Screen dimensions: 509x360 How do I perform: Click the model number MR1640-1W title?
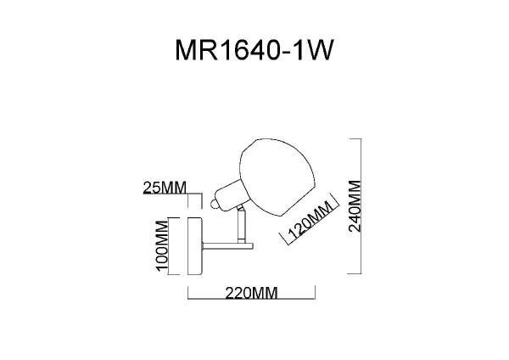pyautogui.click(x=255, y=50)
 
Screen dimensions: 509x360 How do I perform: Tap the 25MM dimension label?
pyautogui.click(x=165, y=188)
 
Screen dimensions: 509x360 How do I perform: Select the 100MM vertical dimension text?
pyautogui.click(x=162, y=245)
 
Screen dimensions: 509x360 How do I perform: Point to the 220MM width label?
pyautogui.click(x=252, y=293)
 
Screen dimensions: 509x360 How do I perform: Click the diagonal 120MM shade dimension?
pyautogui.click(x=310, y=220)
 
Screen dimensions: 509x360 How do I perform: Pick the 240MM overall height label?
pyautogui.click(x=355, y=206)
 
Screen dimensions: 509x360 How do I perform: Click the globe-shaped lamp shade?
pyautogui.click(x=277, y=177)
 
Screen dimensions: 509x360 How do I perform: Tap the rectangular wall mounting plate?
pyautogui.click(x=195, y=246)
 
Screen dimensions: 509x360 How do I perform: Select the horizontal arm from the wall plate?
pyautogui.click(x=227, y=246)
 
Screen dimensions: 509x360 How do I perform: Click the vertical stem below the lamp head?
pyautogui.click(x=241, y=227)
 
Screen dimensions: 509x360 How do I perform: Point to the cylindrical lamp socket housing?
pyautogui.click(x=229, y=194)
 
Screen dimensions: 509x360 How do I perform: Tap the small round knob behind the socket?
pyautogui.click(x=215, y=205)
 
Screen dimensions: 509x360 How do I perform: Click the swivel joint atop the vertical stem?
pyautogui.click(x=241, y=208)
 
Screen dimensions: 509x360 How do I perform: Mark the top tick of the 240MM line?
pyautogui.click(x=355, y=139)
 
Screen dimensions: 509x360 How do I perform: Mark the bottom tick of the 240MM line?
pyautogui.click(x=355, y=273)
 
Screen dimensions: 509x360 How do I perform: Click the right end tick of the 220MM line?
pyautogui.click(x=315, y=292)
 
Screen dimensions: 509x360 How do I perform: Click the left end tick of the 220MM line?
pyautogui.click(x=188, y=292)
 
